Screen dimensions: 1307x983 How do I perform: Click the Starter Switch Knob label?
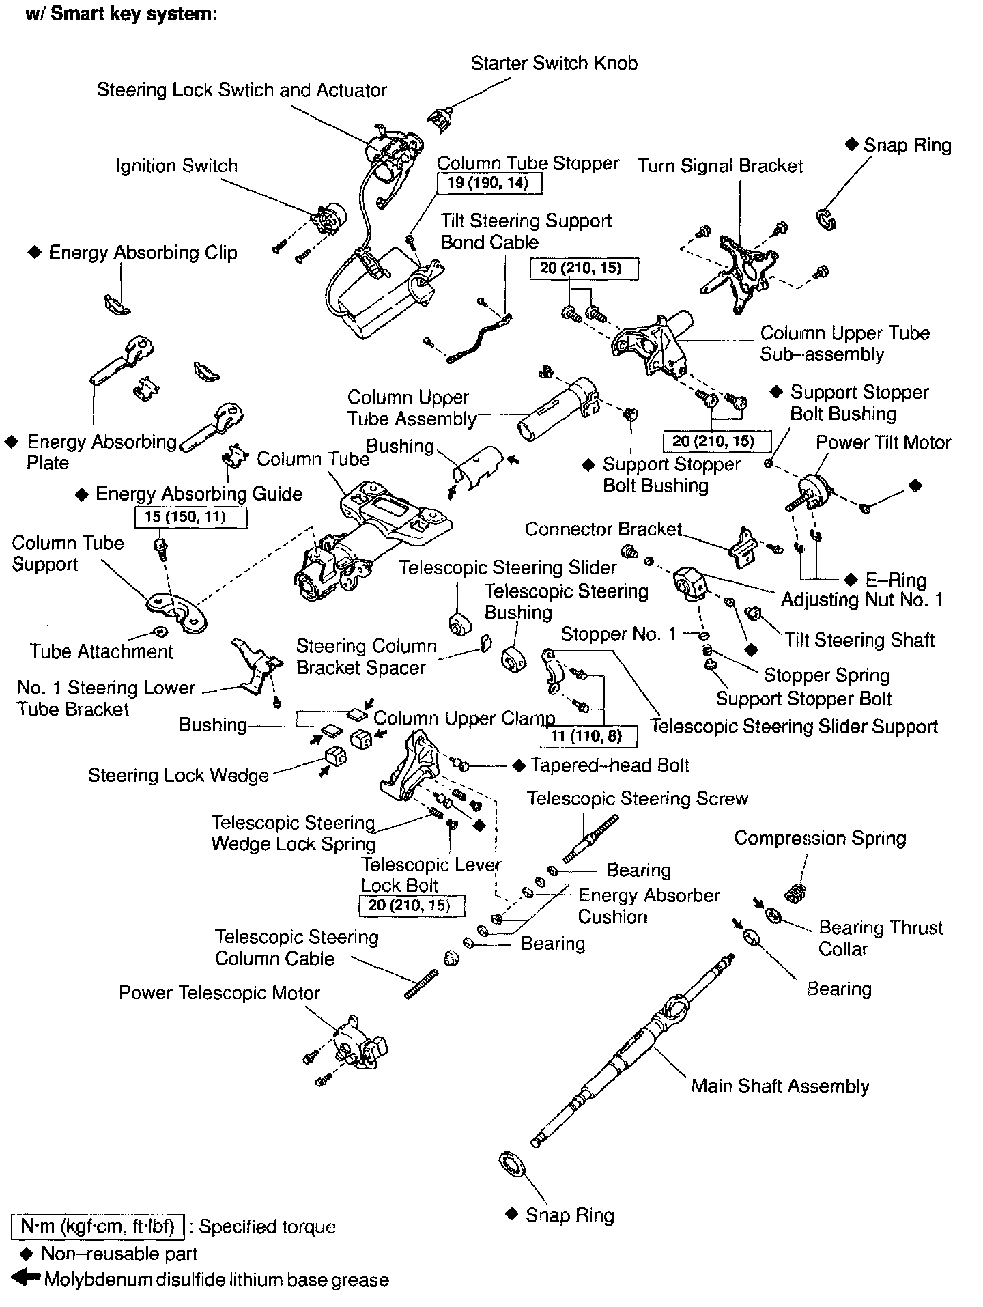pyautogui.click(x=554, y=64)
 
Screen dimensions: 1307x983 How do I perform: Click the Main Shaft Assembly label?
pyautogui.click(x=780, y=1086)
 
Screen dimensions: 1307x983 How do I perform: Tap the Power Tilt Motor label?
pyautogui.click(x=883, y=442)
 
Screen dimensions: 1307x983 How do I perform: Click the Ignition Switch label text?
pyautogui.click(x=176, y=166)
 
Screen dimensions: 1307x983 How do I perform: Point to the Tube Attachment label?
pyautogui.click(x=101, y=651)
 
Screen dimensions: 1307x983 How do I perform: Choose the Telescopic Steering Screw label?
pyautogui.click(x=637, y=798)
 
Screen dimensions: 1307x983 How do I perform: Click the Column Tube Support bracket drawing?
pyautogui.click(x=175, y=608)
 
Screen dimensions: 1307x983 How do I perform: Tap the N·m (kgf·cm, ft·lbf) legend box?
pyautogui.click(x=98, y=1226)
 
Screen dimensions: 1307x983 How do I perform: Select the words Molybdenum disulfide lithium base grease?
pyautogui.click(x=216, y=1280)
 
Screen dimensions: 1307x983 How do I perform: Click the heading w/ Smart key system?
pyautogui.click(x=122, y=14)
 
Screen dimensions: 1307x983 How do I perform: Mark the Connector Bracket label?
pyautogui.click(x=603, y=529)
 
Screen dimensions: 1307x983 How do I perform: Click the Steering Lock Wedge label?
pyautogui.click(x=178, y=776)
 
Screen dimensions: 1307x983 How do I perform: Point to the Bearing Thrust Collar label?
pyautogui.click(x=881, y=938)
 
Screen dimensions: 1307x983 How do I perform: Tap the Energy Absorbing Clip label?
pyautogui.click(x=143, y=253)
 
